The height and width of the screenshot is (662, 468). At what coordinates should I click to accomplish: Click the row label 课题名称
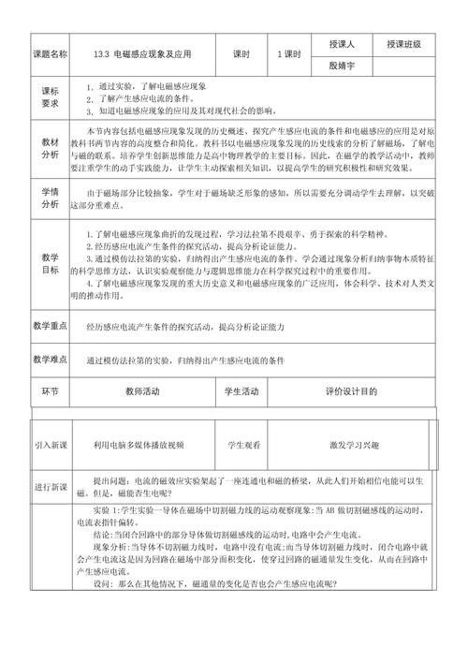(x=50, y=54)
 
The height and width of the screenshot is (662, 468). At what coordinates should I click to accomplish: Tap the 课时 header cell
(x=241, y=54)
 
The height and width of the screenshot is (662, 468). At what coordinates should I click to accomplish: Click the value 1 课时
(x=293, y=54)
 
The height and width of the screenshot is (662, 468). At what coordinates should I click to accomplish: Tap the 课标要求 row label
(x=50, y=97)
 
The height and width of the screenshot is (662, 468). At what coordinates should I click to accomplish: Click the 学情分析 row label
(x=50, y=197)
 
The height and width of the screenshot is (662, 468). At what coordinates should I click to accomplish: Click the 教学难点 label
(x=50, y=360)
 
